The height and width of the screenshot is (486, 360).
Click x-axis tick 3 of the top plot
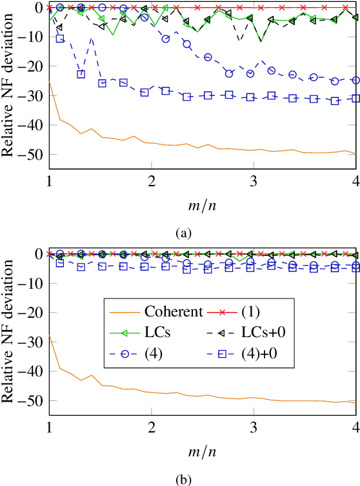pyautogui.click(x=254, y=179)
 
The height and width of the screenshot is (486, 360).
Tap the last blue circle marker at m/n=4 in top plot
pyautogui.click(x=355, y=80)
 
